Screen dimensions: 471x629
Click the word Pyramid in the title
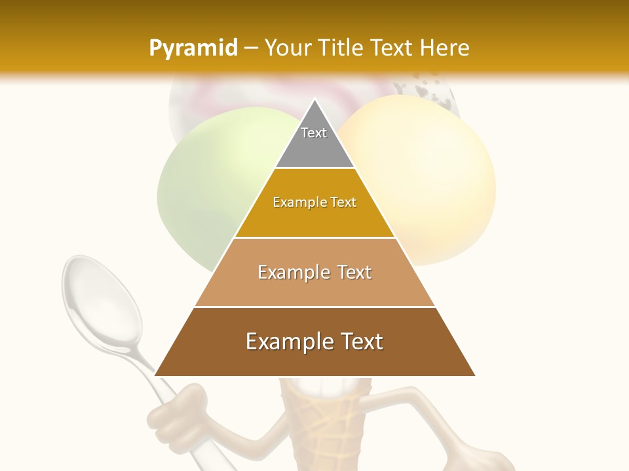click(193, 48)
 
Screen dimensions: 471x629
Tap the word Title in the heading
click(339, 48)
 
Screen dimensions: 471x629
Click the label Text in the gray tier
click(314, 133)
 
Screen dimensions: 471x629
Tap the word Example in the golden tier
click(294, 203)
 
